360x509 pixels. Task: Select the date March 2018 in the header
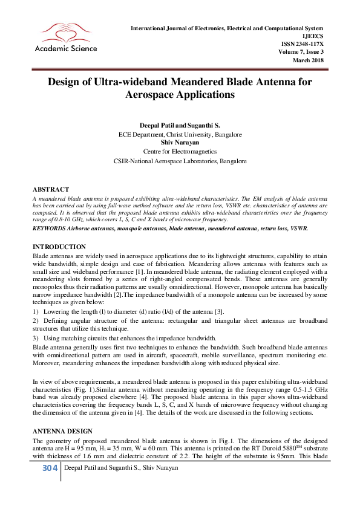tap(309, 60)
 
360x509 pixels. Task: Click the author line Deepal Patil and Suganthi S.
tap(180, 125)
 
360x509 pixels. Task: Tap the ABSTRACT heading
tap(34, 189)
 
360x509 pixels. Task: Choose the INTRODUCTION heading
tap(42, 247)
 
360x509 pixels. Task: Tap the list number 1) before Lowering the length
tap(19, 311)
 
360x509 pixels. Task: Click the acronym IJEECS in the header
tap(313, 36)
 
